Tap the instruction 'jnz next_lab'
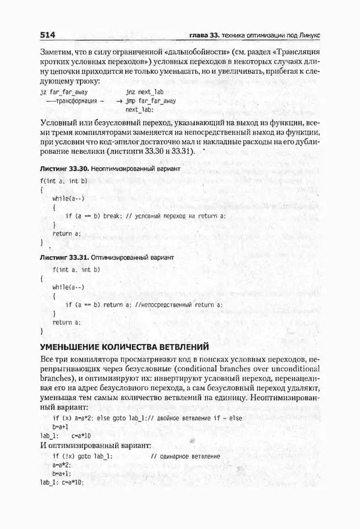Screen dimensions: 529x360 (146, 92)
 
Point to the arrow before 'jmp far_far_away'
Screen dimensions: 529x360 (120, 101)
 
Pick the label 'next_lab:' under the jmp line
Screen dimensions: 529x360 (140, 110)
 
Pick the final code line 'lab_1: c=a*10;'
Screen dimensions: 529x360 (62, 483)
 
